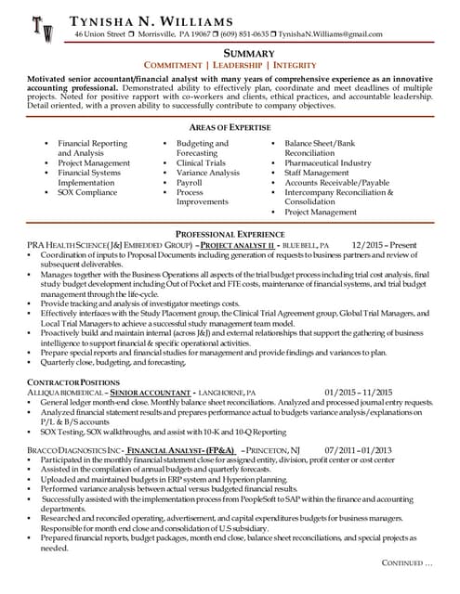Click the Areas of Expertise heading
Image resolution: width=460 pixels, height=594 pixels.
pyautogui.click(x=230, y=127)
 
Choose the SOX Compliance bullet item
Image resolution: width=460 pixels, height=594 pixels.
pyautogui.click(x=88, y=192)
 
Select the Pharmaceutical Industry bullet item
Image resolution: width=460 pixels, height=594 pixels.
pyautogui.click(x=328, y=163)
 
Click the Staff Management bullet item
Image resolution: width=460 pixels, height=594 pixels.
pyautogui.click(x=318, y=173)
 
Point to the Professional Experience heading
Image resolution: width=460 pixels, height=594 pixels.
pyautogui.click(x=230, y=233)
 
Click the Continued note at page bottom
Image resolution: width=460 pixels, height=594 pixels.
pyautogui.click(x=407, y=563)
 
